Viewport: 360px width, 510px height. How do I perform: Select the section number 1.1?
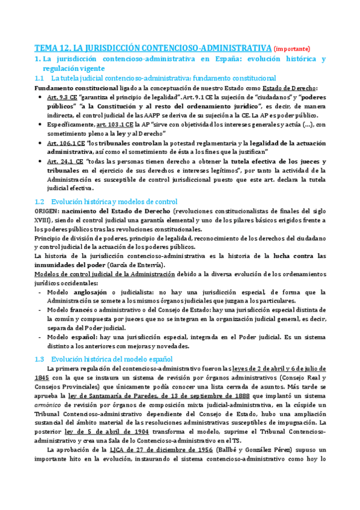40,79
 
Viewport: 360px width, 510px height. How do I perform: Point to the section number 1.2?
40,201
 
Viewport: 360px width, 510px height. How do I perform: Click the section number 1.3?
40,359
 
